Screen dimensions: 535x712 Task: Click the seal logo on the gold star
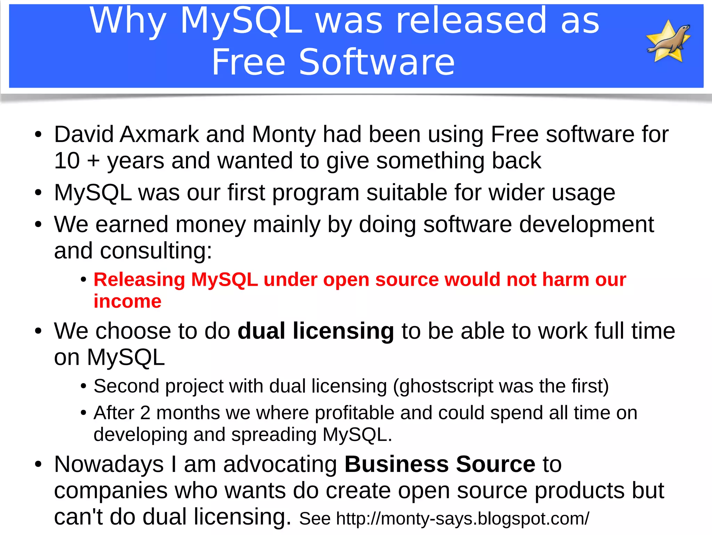(668, 41)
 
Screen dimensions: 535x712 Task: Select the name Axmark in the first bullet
(159, 134)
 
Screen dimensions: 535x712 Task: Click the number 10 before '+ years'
(67, 161)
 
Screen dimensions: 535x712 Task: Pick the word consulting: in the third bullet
(156, 251)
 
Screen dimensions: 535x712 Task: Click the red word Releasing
(139, 280)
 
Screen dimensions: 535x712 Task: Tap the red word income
(128, 301)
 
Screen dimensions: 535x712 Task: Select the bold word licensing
(343, 331)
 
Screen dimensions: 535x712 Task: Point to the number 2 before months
(145, 413)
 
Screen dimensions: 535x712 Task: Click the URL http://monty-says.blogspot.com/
(462, 519)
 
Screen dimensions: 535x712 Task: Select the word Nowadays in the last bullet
(109, 464)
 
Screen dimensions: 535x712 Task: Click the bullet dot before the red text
(83, 280)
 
